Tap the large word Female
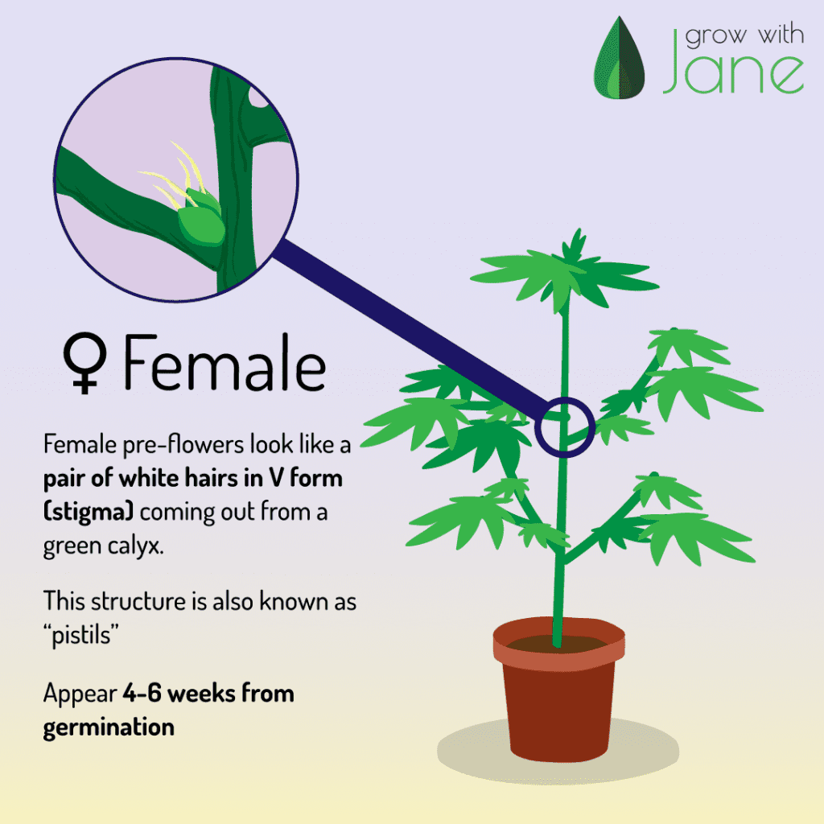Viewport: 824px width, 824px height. (225, 363)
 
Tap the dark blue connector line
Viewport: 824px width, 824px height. (410, 330)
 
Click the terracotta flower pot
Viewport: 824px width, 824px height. (558, 690)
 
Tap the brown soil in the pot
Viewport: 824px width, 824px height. (558, 644)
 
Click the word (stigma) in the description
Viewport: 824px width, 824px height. (89, 511)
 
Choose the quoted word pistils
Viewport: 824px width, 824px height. (81, 635)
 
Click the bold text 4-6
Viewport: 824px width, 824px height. (142, 693)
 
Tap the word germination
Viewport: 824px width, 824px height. (109, 728)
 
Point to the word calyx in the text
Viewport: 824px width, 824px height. (135, 546)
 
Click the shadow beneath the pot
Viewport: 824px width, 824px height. (558, 751)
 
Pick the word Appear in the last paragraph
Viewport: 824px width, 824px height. (80, 694)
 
